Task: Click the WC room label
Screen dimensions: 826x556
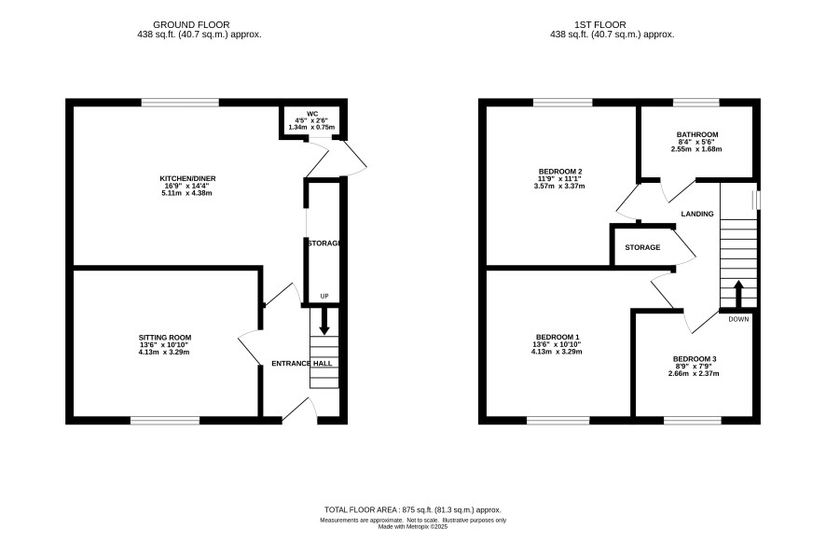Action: [x=313, y=113]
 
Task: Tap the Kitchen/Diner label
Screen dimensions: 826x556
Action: [x=187, y=179]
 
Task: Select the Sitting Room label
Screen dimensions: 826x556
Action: [x=165, y=338]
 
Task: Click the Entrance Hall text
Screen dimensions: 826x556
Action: [x=301, y=363]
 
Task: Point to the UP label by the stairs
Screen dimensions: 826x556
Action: [x=324, y=296]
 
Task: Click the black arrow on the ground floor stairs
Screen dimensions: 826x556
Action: [x=324, y=320]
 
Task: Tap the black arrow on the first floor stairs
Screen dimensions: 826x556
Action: [x=738, y=294]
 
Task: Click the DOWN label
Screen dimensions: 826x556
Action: [x=738, y=319]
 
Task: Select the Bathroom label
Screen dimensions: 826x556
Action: [x=697, y=134]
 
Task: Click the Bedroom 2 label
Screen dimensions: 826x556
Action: [x=560, y=172]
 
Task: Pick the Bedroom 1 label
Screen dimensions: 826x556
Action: [x=558, y=337]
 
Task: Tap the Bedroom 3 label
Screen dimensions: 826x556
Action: [x=695, y=359]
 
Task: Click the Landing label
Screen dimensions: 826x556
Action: [x=697, y=214]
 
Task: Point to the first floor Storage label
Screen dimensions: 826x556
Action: [x=642, y=247]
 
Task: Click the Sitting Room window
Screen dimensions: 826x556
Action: [x=165, y=420]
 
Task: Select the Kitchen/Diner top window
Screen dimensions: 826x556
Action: [x=180, y=103]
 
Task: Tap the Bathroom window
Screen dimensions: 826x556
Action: [x=695, y=103]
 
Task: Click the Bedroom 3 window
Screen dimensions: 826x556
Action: [x=692, y=420]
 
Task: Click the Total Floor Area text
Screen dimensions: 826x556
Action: [x=412, y=509]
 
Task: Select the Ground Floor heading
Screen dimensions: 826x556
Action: [x=191, y=24]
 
